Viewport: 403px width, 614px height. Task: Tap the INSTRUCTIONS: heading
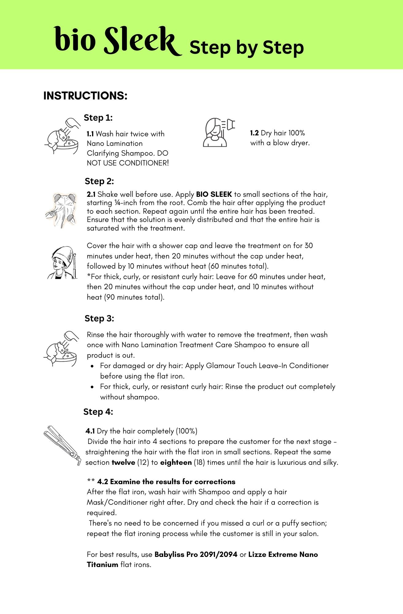click(x=85, y=96)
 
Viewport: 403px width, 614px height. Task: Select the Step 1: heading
click(x=98, y=118)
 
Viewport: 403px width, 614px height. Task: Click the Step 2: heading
click(x=99, y=181)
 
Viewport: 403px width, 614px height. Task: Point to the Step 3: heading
click(x=99, y=318)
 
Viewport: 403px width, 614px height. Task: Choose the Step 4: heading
click(x=98, y=412)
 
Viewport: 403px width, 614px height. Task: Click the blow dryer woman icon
click(x=218, y=132)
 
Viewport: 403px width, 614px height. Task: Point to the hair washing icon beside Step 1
click(x=63, y=136)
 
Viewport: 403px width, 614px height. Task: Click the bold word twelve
click(x=123, y=462)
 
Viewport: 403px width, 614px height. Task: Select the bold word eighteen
click(x=176, y=462)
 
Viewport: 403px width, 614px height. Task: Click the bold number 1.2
click(x=254, y=133)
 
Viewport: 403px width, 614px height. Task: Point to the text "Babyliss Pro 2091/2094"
click(x=196, y=554)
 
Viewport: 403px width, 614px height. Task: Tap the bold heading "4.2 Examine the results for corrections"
click(x=166, y=482)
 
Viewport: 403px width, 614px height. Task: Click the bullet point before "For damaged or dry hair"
click(x=92, y=366)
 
